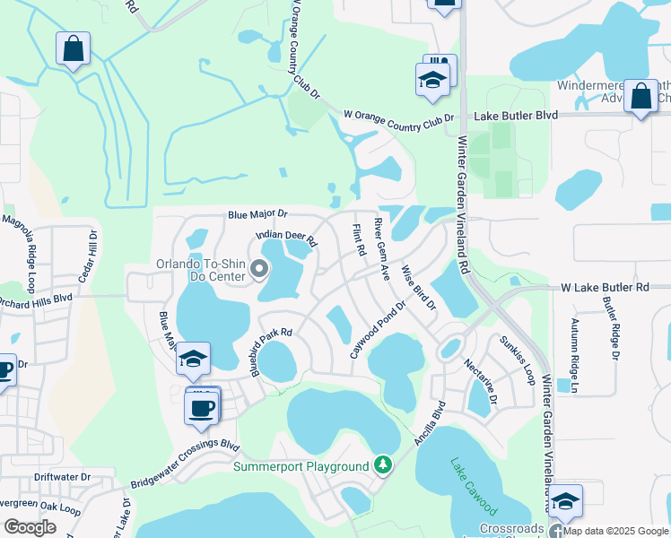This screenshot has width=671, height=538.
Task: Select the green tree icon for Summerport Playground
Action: click(x=383, y=464)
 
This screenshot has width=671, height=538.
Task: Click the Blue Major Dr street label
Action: click(x=257, y=215)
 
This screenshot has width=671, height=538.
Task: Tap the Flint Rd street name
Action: click(x=359, y=239)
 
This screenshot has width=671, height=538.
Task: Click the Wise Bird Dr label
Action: click(x=418, y=286)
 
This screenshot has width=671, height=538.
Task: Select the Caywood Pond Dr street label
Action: click(x=379, y=329)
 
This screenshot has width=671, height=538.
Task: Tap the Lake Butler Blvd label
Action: click(x=516, y=116)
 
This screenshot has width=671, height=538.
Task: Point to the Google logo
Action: click(x=30, y=527)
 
